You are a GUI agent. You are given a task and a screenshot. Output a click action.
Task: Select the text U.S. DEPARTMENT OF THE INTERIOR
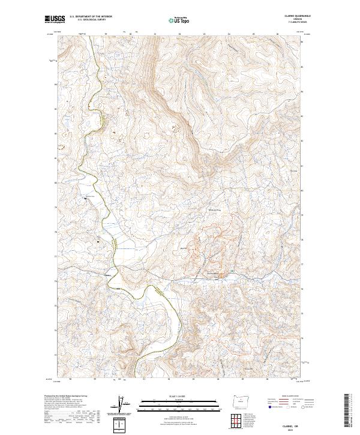click(91, 17)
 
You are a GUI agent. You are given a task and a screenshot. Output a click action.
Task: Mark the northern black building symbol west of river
click(86, 197)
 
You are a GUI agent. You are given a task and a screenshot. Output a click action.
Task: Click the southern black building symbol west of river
click(98, 241)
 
